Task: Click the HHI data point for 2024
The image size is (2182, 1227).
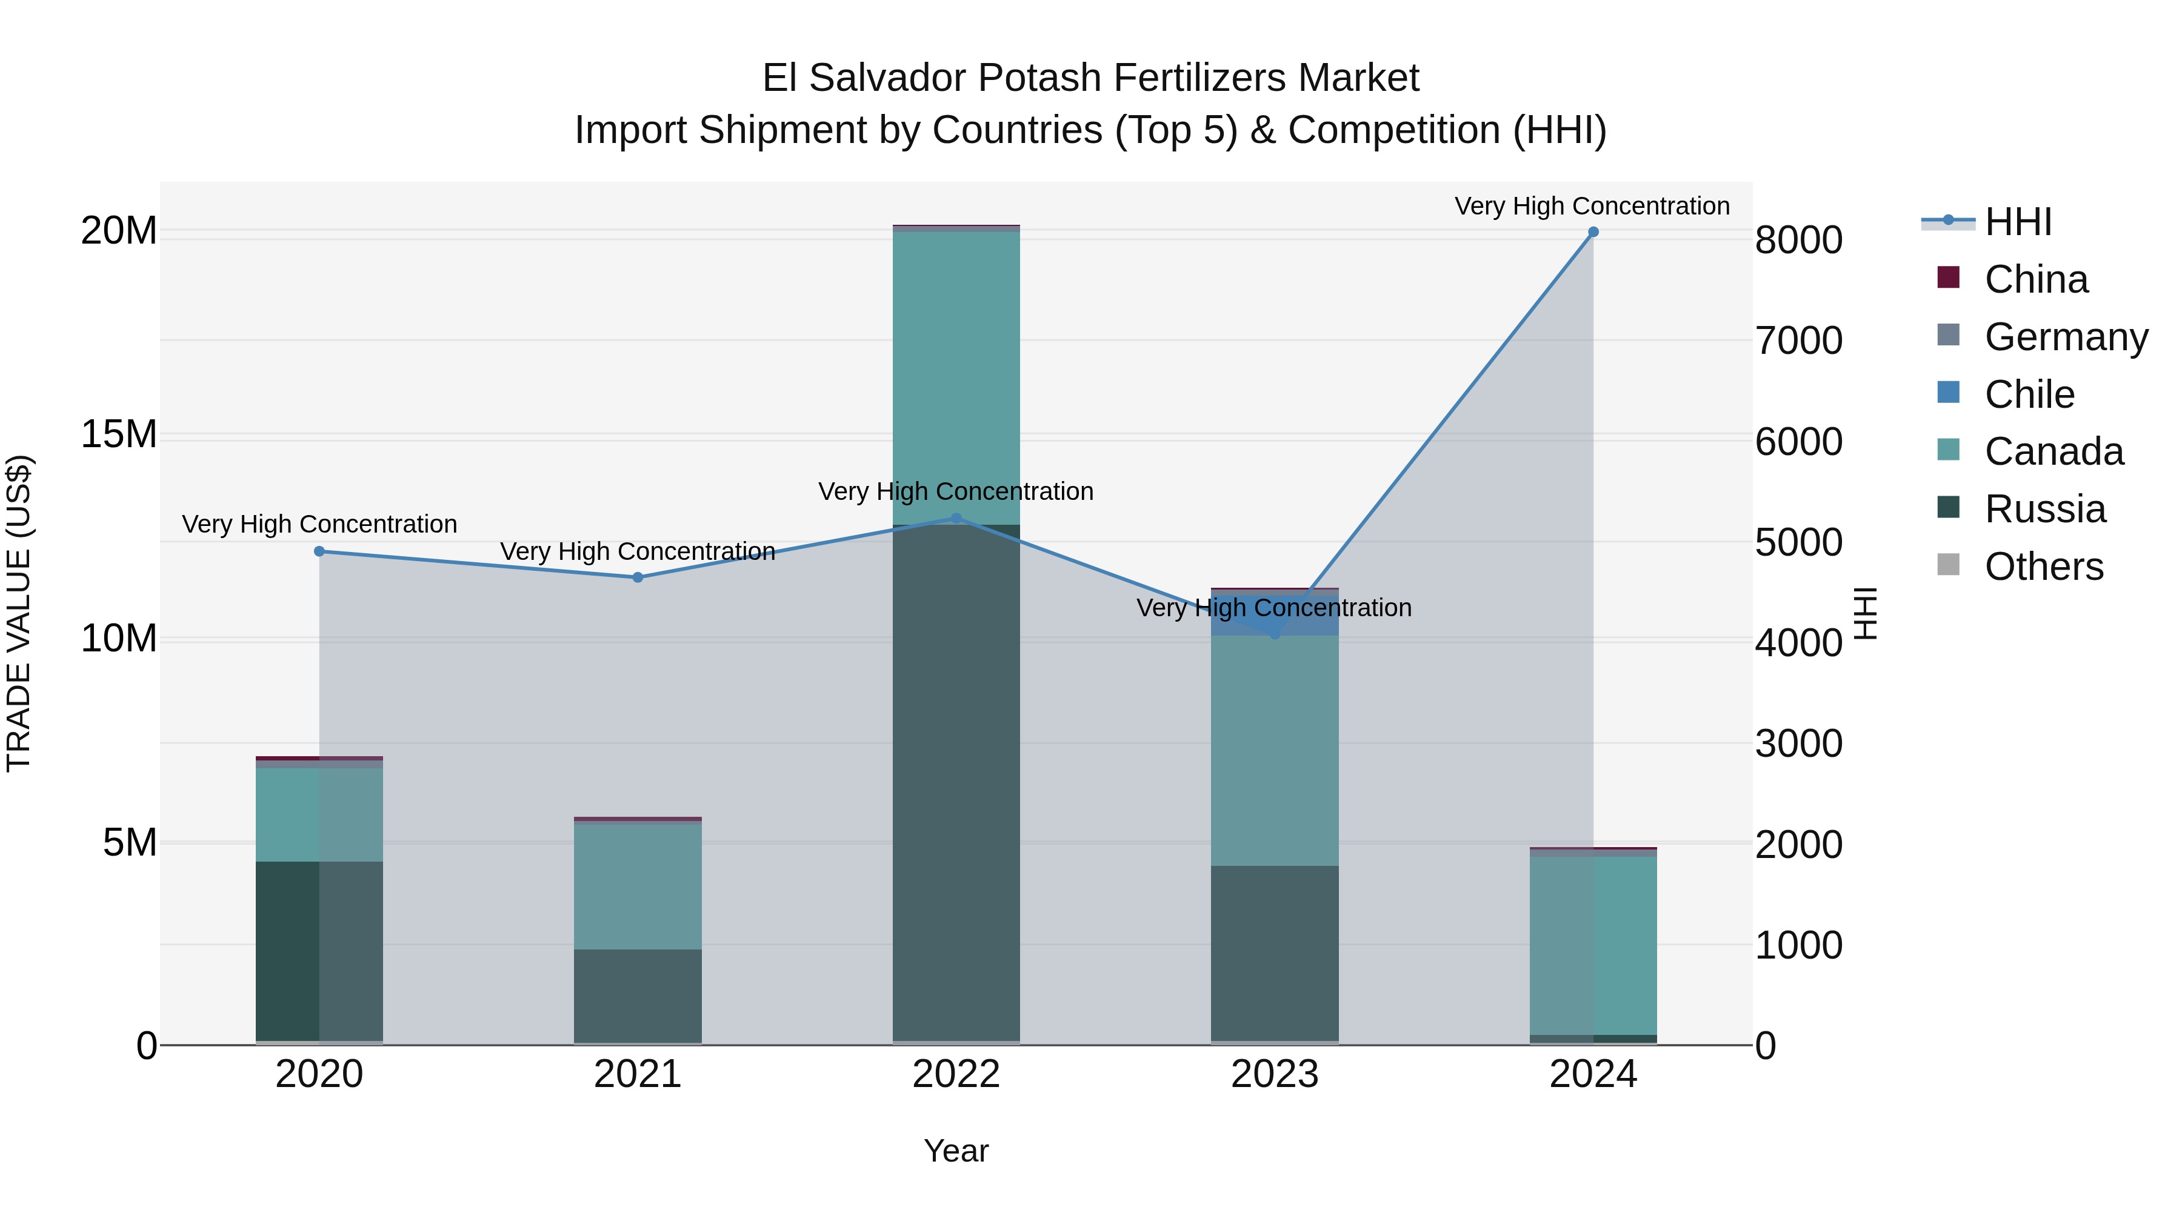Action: (1592, 232)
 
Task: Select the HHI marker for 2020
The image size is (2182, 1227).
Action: (319, 551)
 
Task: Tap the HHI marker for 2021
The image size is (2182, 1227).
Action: (638, 577)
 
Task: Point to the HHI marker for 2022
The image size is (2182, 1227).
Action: (956, 518)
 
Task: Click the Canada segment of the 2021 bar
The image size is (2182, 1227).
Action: (638, 885)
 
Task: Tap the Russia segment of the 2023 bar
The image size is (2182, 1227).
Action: (1275, 953)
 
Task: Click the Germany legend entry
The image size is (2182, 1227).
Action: (2065, 337)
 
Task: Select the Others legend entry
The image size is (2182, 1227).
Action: (2043, 567)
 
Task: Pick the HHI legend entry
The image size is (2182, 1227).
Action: (2018, 222)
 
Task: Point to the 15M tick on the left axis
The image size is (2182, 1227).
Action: (119, 434)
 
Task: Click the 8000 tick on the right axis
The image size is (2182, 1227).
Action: (1798, 241)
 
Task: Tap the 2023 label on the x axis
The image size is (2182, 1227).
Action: (1275, 1074)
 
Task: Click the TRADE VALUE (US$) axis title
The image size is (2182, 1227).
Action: (19, 613)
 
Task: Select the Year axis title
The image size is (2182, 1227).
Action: (956, 1151)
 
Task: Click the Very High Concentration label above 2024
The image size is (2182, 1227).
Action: (1592, 206)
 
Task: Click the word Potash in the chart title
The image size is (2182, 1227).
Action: (1039, 78)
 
